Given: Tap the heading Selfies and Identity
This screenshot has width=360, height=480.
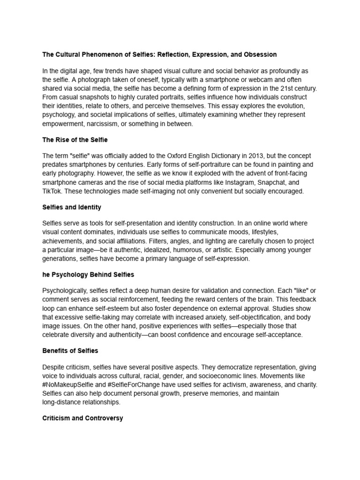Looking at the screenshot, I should point(72,207).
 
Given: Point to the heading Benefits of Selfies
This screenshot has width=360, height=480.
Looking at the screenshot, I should point(70,351).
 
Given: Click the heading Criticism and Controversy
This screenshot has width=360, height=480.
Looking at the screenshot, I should point(82,418).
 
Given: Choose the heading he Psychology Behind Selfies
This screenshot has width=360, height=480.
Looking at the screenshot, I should point(88,274).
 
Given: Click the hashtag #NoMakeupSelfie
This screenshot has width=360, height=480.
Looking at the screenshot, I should point(67,384).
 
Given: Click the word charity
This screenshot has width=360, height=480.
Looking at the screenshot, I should point(306,384).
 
